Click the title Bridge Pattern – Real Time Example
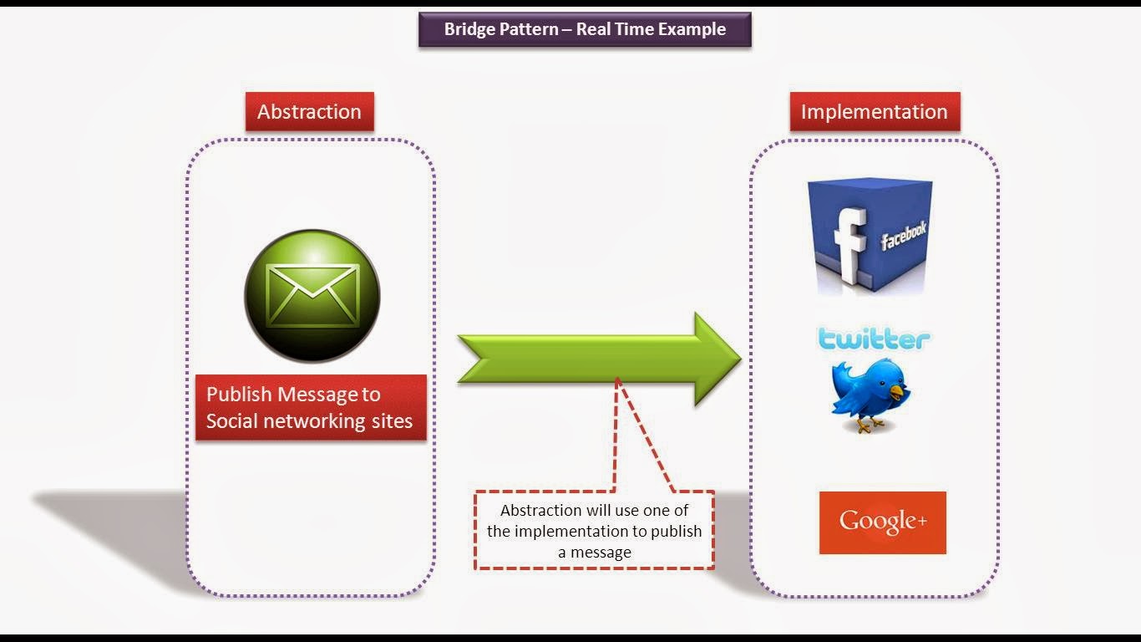point(585,29)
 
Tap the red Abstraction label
point(309,112)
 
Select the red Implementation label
point(874,112)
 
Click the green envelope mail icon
point(312,296)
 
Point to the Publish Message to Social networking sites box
point(310,407)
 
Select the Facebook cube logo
point(870,237)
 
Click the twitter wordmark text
point(874,339)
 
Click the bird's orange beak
point(898,390)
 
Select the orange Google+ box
point(882,522)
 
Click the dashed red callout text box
point(594,531)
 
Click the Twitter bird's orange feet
point(869,425)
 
